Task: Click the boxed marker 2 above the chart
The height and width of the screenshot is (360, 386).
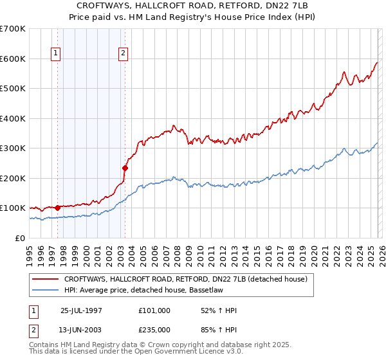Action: [124, 53]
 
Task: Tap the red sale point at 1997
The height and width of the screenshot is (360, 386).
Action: [58, 208]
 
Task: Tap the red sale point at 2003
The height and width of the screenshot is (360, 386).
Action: [125, 168]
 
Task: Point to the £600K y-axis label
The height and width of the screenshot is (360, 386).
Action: [13, 59]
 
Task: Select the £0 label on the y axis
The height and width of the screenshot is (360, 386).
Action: [21, 238]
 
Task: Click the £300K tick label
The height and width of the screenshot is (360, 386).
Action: [13, 148]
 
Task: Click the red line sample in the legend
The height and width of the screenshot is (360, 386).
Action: [45, 279]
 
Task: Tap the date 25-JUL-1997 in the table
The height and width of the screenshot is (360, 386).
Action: [81, 310]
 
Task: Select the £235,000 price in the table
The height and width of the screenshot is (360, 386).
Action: [154, 329]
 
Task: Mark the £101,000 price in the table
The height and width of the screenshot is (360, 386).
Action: [154, 310]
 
